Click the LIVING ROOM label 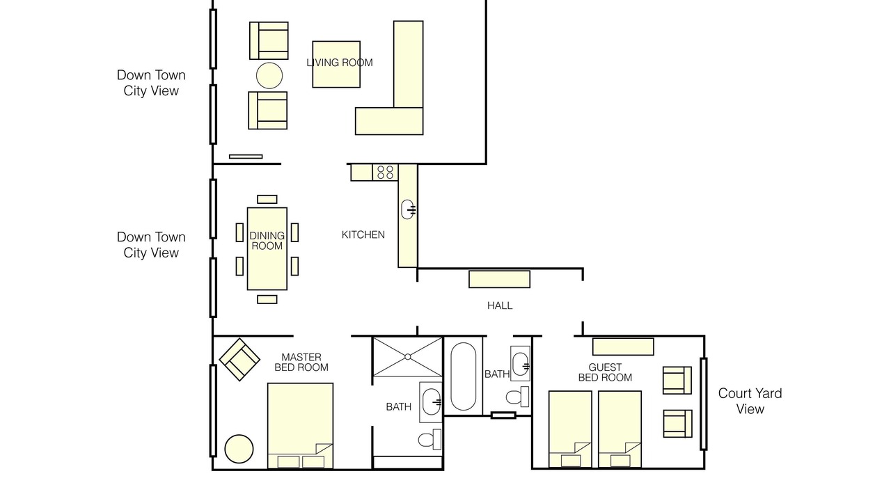coord(339,63)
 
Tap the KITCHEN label coord(363,234)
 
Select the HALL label coord(500,305)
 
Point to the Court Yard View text coord(750,401)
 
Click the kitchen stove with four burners coord(385,173)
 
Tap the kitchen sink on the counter coord(408,209)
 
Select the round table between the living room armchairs coord(269,76)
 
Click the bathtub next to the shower coord(464,376)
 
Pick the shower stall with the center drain coord(408,357)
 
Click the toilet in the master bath coord(429,439)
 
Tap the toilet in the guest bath coord(517,397)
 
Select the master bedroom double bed coord(300,426)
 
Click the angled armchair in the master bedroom coord(239,360)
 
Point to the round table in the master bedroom coord(239,449)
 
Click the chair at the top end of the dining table coord(267,199)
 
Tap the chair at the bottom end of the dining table coord(267,299)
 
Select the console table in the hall coord(499,279)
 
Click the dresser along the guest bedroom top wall coord(623,347)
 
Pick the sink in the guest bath coord(520,364)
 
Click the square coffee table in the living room coord(336,65)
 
